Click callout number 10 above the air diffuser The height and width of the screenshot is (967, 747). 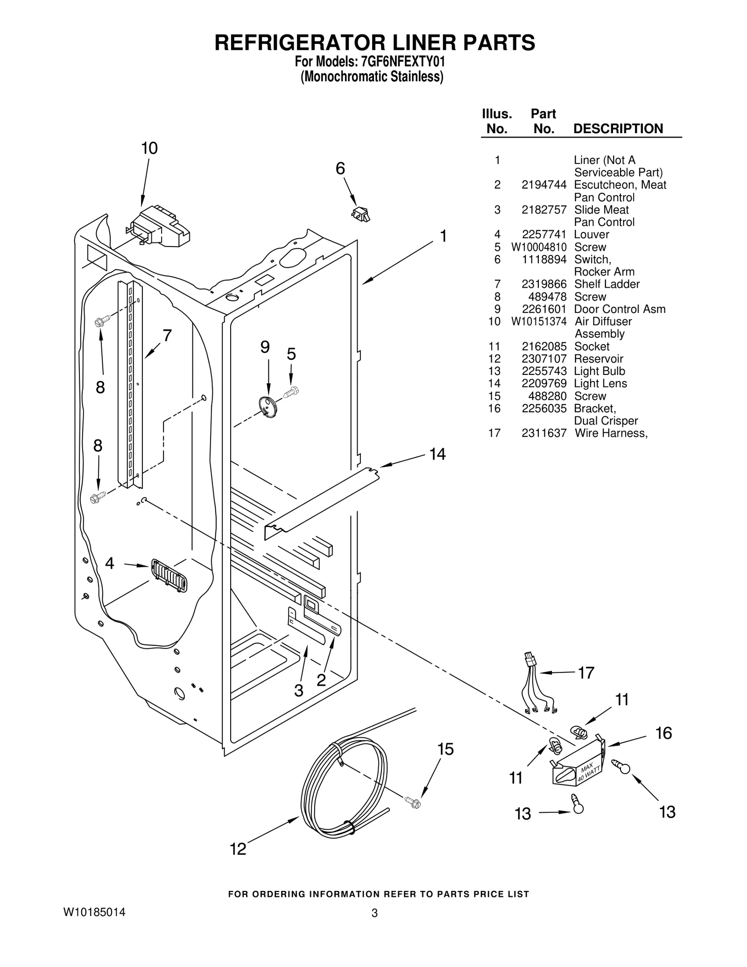149,148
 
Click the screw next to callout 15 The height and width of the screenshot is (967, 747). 413,802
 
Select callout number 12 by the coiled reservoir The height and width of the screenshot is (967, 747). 238,848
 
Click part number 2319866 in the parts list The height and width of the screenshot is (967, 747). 544,284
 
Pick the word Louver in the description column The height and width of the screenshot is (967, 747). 592,234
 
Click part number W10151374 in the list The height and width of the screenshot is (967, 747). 539,321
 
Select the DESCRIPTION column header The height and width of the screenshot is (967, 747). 618,128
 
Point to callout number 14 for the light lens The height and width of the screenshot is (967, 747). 437,454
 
